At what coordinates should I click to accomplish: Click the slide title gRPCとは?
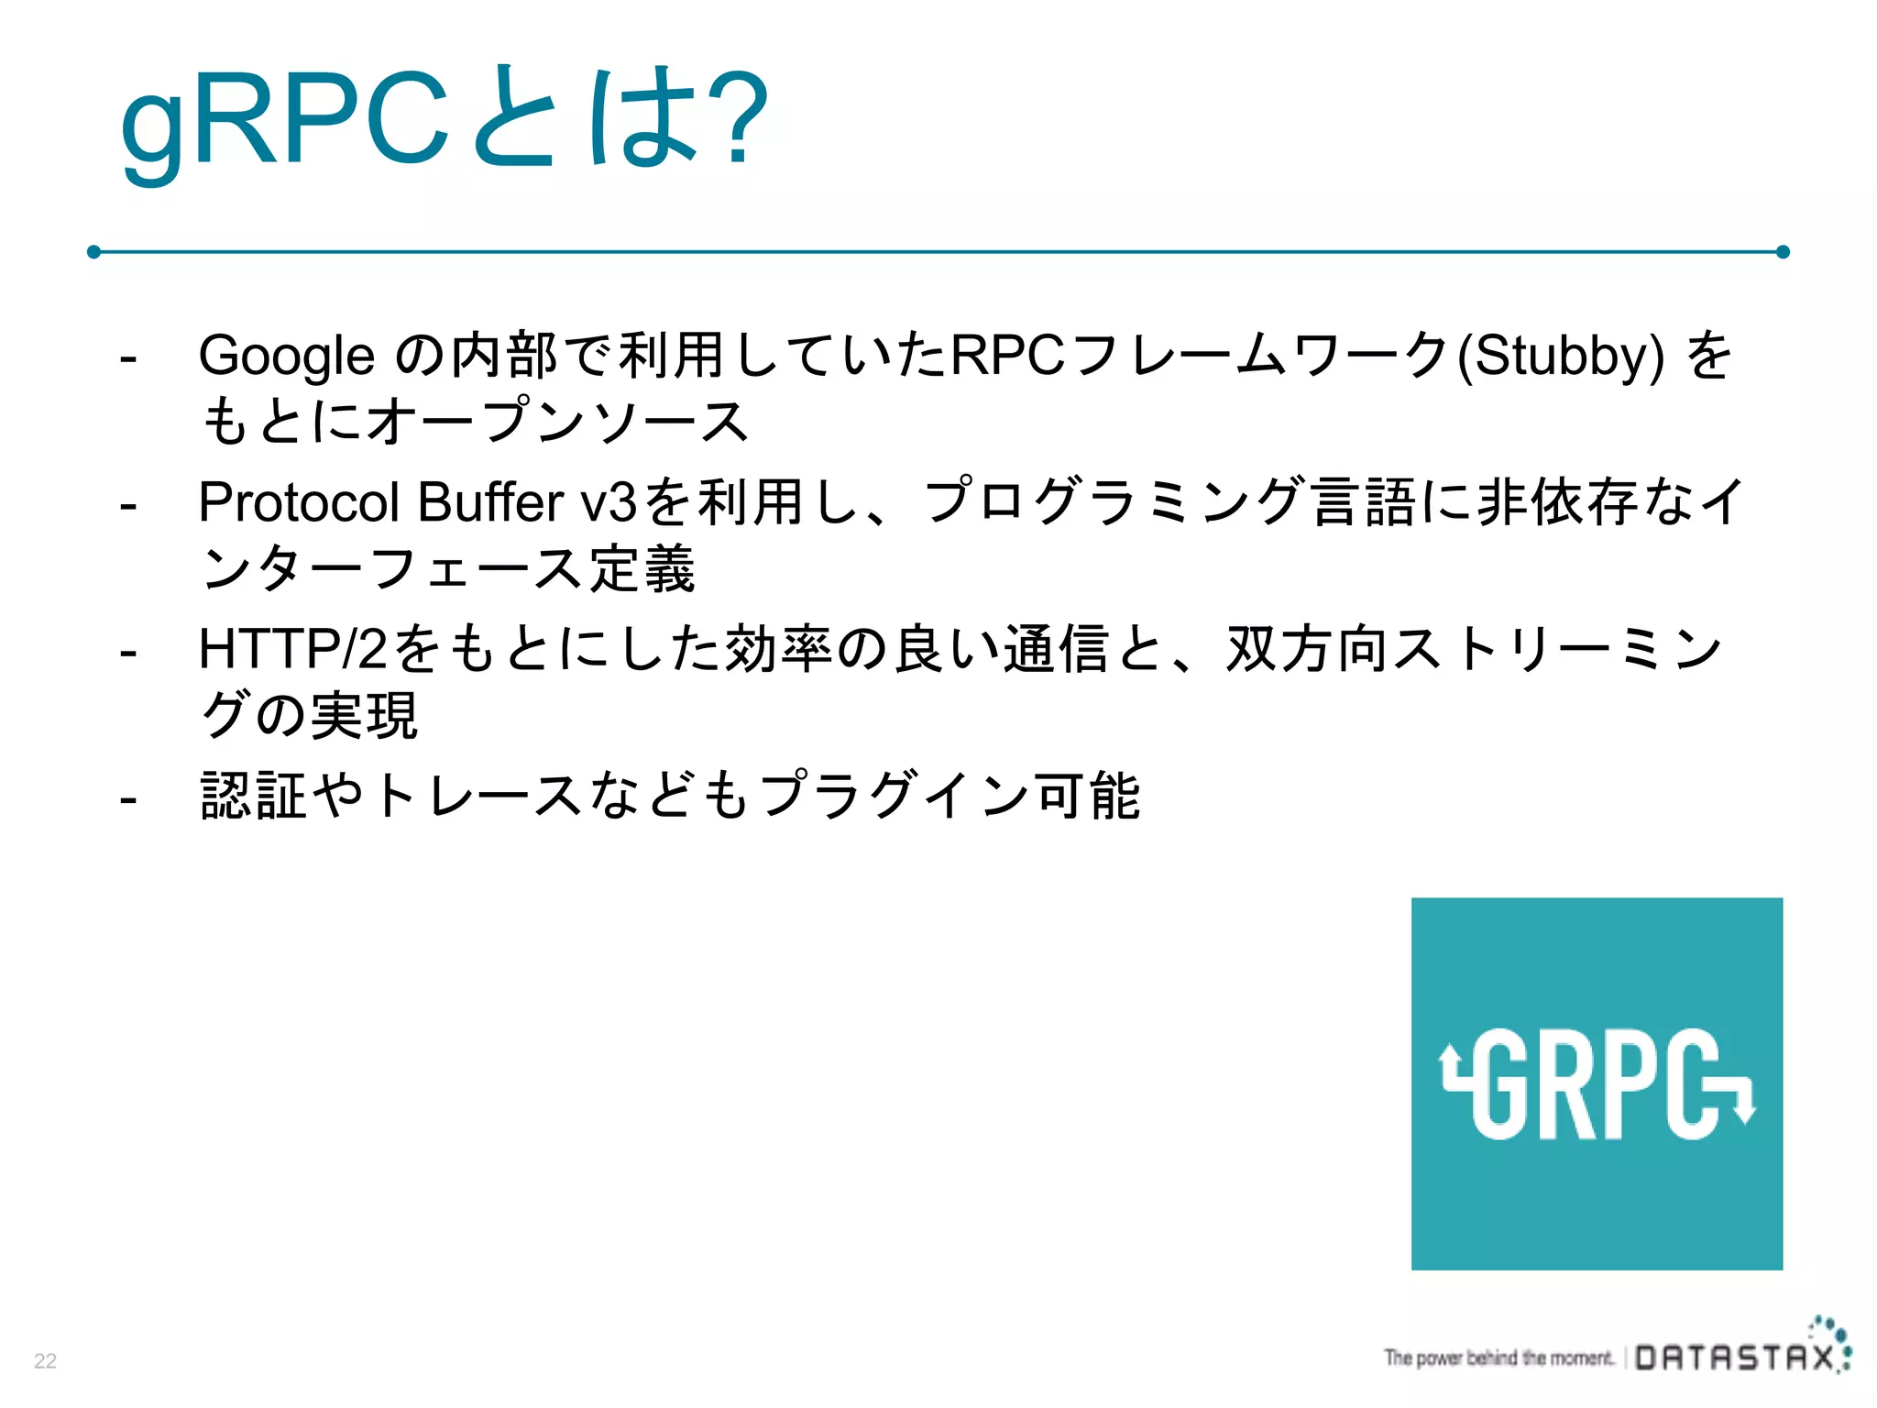tap(444, 119)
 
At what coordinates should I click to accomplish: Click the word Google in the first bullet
tap(286, 356)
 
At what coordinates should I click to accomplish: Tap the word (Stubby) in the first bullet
tap(1560, 356)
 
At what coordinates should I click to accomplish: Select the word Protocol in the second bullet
tap(299, 502)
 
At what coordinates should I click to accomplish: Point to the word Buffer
tap(490, 502)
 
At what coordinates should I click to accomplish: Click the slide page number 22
tap(45, 1360)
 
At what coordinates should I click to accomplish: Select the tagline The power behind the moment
tap(1498, 1358)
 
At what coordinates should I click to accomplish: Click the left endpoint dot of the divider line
tap(93, 251)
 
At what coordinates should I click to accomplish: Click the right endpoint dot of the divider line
tap(1783, 251)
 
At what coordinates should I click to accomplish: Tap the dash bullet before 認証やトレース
tap(128, 798)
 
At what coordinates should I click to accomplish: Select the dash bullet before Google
tap(128, 357)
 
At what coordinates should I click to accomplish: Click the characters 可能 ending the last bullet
tap(1087, 796)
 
